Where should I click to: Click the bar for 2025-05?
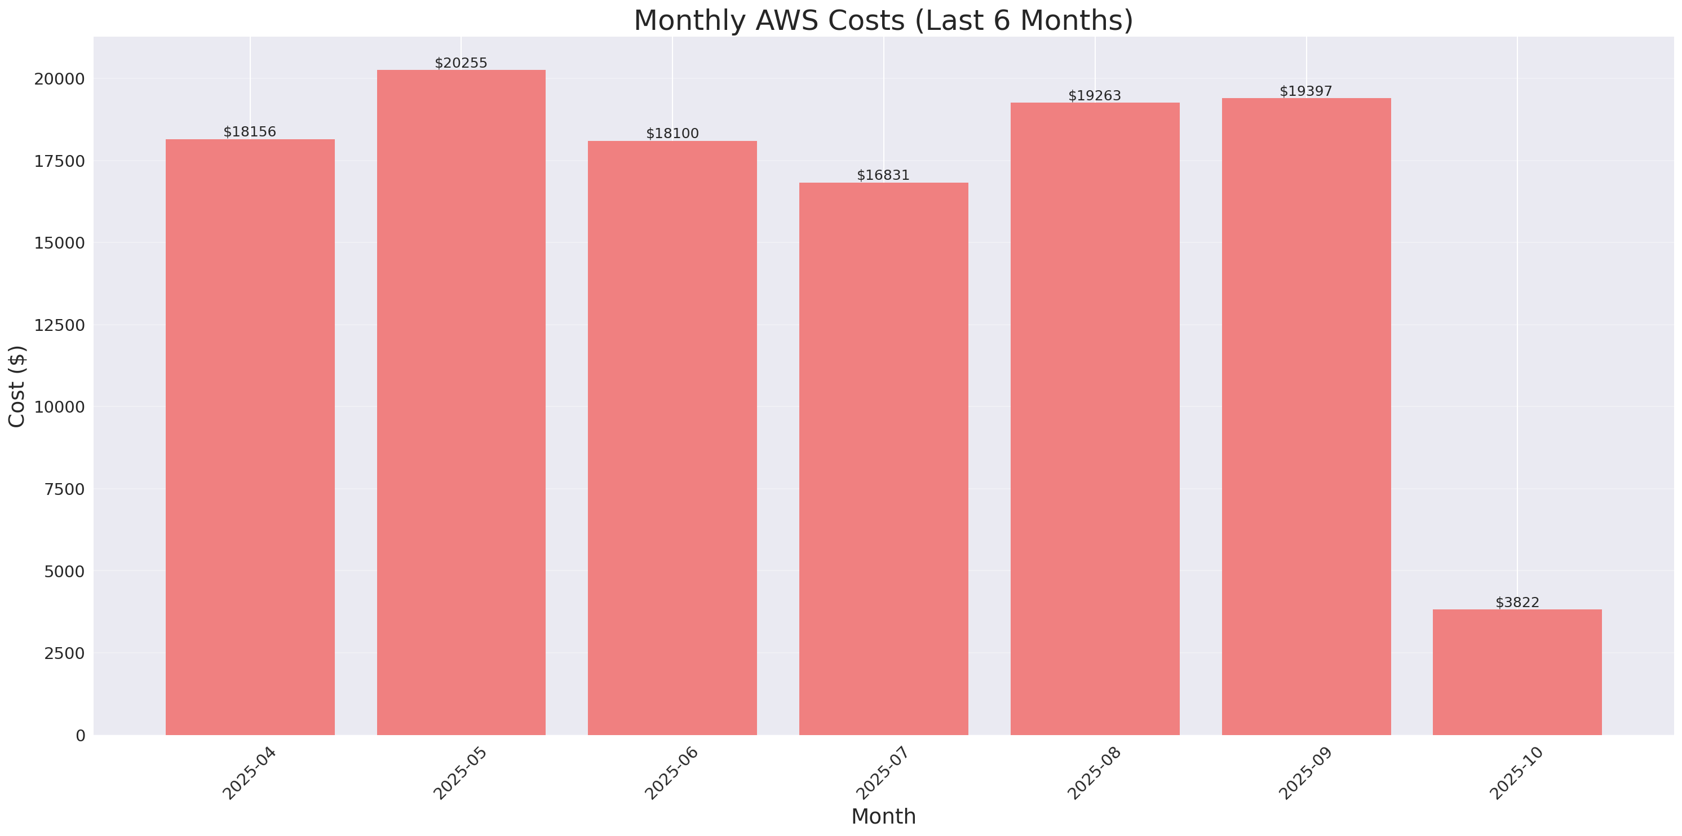click(461, 402)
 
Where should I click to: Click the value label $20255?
click(461, 63)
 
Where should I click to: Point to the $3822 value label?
click(1517, 602)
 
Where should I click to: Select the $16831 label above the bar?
click(883, 175)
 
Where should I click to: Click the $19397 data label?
click(1305, 91)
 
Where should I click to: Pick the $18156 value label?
click(250, 132)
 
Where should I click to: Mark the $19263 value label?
click(1094, 96)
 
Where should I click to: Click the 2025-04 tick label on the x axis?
click(250, 773)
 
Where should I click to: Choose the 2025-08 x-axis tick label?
click(1094, 773)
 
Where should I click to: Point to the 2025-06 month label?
click(672, 773)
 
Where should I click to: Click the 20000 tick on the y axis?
click(59, 79)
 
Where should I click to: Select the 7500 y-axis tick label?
click(64, 489)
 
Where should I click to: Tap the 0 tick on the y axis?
click(80, 736)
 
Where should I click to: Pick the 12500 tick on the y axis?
click(59, 325)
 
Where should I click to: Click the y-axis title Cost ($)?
click(17, 386)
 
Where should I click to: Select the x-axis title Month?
click(883, 816)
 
